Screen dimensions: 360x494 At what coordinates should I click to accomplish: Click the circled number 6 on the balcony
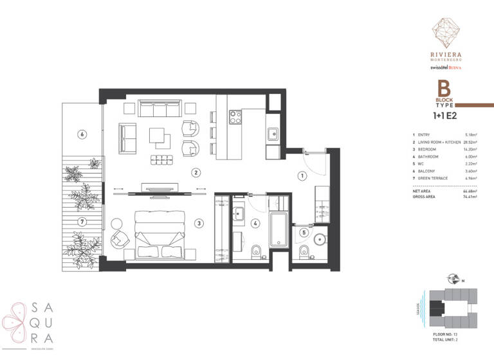(82, 134)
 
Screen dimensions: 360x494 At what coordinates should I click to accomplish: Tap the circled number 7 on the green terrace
(82, 222)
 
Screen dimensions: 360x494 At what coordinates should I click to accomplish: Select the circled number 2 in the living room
(196, 172)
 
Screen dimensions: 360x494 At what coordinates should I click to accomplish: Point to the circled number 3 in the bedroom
(199, 223)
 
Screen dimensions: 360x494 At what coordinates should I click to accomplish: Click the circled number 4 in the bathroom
(255, 223)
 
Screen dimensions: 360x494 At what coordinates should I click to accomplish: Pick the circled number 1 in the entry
(301, 175)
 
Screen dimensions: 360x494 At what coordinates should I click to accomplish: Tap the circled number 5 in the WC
(304, 232)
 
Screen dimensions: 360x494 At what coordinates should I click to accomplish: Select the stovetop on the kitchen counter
(235, 117)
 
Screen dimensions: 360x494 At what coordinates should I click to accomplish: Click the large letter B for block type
(443, 89)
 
